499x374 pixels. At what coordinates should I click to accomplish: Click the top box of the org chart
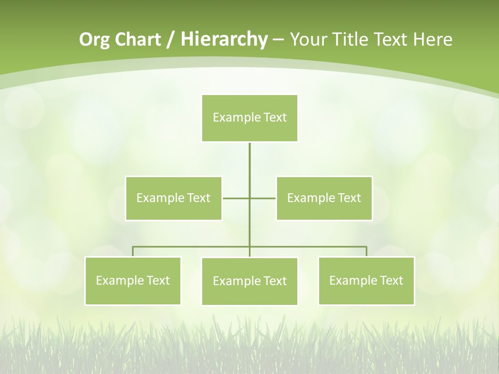[x=249, y=118]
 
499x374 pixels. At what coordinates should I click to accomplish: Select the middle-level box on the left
[x=174, y=198]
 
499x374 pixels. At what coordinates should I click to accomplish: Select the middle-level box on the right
[x=324, y=198]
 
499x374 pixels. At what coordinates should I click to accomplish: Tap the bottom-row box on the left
[x=133, y=280]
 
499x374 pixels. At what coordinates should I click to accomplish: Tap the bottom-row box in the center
[x=249, y=281]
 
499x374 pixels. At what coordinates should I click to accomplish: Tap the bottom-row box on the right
[x=366, y=280]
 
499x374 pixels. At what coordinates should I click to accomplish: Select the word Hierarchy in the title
[x=224, y=39]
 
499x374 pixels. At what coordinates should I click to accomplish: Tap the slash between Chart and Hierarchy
[x=170, y=40]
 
